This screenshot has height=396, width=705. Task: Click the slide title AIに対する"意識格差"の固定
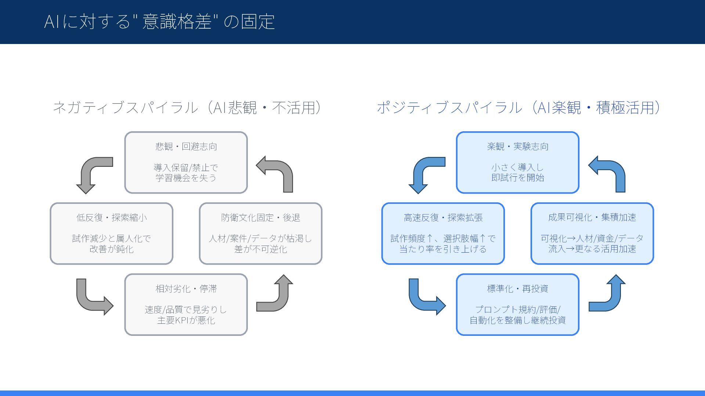click(x=159, y=21)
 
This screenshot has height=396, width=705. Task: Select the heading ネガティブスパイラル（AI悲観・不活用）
click(x=187, y=108)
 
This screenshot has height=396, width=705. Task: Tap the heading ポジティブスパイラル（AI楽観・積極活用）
click(x=518, y=108)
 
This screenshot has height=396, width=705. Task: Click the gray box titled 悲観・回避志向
click(x=186, y=162)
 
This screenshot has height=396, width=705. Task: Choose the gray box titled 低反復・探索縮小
click(x=111, y=233)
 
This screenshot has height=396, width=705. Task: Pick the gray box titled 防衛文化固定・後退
click(x=260, y=233)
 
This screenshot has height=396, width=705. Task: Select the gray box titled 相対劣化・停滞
click(x=186, y=304)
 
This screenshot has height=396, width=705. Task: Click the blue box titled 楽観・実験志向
click(x=517, y=162)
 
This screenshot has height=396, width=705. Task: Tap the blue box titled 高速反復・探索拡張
click(x=443, y=233)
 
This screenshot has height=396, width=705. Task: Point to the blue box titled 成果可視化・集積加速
click(x=592, y=233)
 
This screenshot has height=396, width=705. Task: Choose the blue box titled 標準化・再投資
click(x=517, y=304)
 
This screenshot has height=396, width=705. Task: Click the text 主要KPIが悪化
click(x=186, y=320)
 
